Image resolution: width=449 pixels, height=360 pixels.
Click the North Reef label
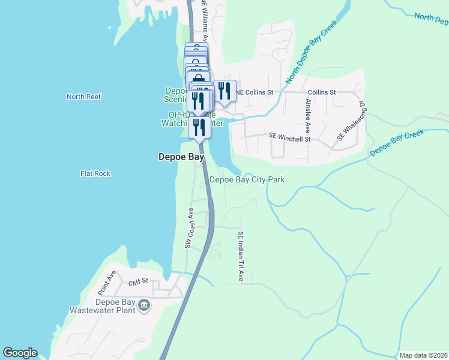pos(84,97)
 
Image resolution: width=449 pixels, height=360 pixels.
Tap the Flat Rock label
pos(95,173)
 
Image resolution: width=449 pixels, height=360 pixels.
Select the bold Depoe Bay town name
pos(181,157)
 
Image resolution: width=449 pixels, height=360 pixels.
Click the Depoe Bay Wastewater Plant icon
pos(144,306)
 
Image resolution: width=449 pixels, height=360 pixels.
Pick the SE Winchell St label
pos(289,138)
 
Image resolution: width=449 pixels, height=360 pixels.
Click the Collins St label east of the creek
pos(322,92)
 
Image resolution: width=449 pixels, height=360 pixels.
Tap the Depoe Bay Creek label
pos(397,142)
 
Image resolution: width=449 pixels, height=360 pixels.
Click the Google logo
pos(20,353)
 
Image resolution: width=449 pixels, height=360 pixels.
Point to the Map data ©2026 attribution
pos(424,355)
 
